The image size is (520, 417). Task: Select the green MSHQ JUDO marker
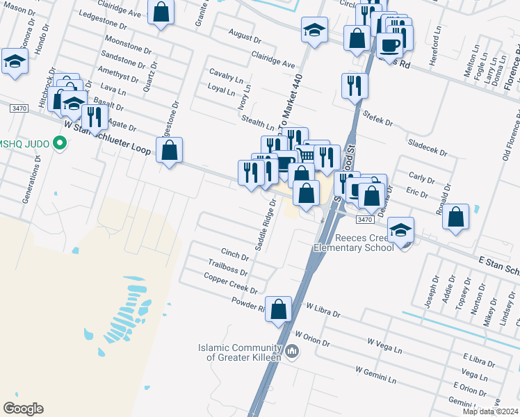(60, 144)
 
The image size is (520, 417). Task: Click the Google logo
(23, 409)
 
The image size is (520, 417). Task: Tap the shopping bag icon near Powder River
(278, 309)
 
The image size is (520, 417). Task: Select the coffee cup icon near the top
(389, 45)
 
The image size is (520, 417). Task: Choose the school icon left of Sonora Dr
(14, 62)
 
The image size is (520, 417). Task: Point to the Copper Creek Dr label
(231, 283)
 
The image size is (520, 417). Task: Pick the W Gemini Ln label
(376, 375)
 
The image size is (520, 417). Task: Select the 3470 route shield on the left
(19, 109)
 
